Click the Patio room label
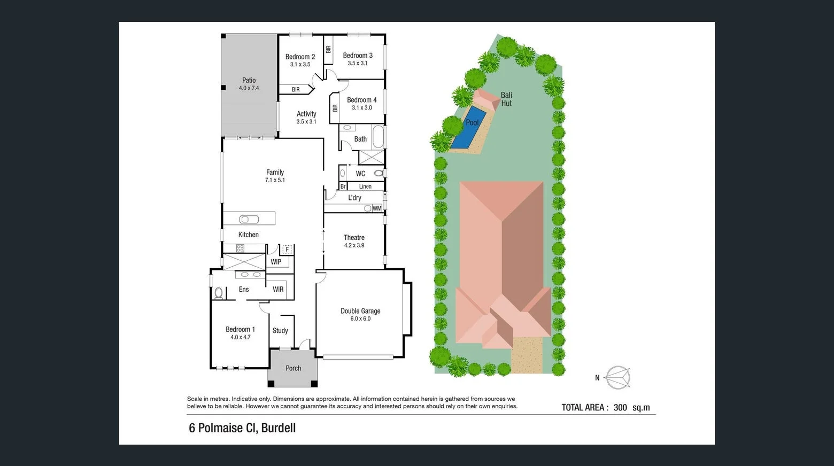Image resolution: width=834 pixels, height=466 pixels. point(249,80)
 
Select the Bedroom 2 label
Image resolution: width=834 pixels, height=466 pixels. point(300,57)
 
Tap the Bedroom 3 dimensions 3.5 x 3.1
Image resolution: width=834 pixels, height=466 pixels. point(358,63)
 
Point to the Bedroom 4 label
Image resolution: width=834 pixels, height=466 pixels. point(361,100)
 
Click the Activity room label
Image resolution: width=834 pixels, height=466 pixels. point(306,114)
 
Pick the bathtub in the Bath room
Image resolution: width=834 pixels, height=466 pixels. point(378,137)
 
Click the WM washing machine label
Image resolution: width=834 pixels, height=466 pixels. point(377,208)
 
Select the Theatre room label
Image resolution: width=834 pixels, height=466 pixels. point(354,237)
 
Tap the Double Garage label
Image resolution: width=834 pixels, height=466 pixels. point(360,311)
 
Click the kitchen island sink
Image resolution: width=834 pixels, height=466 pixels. point(249,219)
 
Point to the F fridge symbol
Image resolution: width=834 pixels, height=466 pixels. point(287,250)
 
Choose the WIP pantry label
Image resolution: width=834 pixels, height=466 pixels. point(276,262)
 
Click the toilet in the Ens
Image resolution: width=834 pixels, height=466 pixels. point(218,293)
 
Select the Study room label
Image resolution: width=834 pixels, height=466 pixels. point(280,331)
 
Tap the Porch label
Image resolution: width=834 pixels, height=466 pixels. point(293,368)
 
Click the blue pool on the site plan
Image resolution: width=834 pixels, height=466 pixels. point(468,127)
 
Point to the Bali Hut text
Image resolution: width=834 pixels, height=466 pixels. point(506,99)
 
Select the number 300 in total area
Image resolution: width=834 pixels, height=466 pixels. point(620,408)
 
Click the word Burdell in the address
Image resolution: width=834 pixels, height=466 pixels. point(278,428)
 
